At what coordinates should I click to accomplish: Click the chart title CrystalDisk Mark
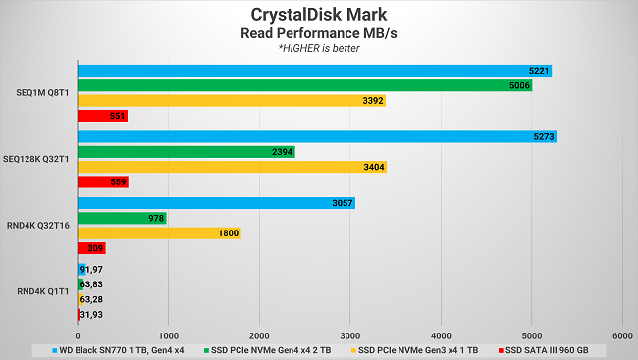pos(318,15)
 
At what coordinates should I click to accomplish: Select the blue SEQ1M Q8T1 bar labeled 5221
pos(314,71)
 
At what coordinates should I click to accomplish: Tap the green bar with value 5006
pos(304,85)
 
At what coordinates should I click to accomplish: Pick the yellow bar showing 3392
pos(232,100)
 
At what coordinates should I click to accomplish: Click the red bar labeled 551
pos(102,116)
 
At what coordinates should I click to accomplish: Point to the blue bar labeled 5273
pos(316,136)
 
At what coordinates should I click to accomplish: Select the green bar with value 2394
pos(186,152)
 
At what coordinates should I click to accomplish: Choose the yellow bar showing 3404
pos(232,167)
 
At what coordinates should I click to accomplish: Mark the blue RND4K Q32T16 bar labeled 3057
pos(216,203)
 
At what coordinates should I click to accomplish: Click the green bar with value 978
pos(122,218)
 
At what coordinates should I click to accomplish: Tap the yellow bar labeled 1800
pos(159,232)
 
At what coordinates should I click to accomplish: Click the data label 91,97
pos(92,269)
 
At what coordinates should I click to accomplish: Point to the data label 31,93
pos(91,314)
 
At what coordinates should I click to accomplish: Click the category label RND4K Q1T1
pos(42,291)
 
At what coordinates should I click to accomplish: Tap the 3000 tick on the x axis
pos(349,332)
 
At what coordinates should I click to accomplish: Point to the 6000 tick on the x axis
pos(621,332)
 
